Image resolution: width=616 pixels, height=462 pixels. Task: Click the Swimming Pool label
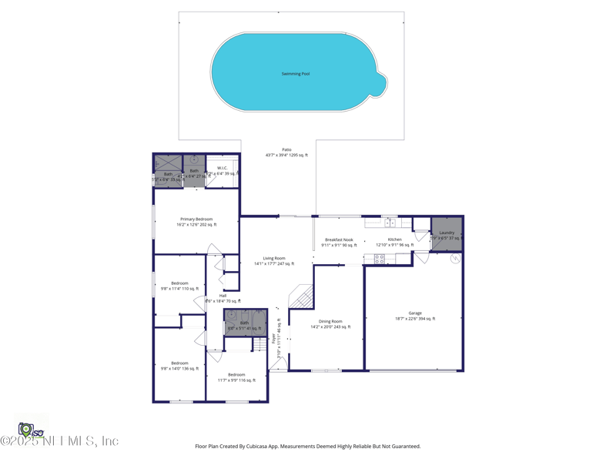[296, 74]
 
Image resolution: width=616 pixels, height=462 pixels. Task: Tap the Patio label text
[286, 150]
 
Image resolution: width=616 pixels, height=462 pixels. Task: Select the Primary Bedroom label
[197, 219]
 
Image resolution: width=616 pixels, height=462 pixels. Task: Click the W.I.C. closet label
[223, 168]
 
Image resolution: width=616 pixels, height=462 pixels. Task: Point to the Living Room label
[274, 259]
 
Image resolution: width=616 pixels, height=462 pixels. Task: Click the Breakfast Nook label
[339, 240]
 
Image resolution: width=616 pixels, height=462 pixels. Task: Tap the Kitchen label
[395, 240]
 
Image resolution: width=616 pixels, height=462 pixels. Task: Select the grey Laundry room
[447, 233]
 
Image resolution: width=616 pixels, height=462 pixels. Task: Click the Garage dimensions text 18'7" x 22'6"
[415, 318]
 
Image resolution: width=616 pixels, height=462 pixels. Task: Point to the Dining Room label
[330, 322]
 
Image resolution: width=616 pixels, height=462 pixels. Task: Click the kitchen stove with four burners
[379, 259]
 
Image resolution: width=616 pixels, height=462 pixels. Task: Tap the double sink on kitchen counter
[390, 223]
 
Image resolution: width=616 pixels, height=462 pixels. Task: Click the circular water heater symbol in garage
[455, 259]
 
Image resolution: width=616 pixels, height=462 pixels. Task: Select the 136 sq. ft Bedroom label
[179, 363]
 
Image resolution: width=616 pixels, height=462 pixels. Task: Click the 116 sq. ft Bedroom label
[236, 375]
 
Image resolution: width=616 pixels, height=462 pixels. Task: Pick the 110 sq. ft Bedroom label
[179, 283]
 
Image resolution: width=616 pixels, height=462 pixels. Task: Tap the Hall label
[223, 296]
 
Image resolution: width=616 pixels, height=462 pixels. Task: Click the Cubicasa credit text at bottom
[308, 446]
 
